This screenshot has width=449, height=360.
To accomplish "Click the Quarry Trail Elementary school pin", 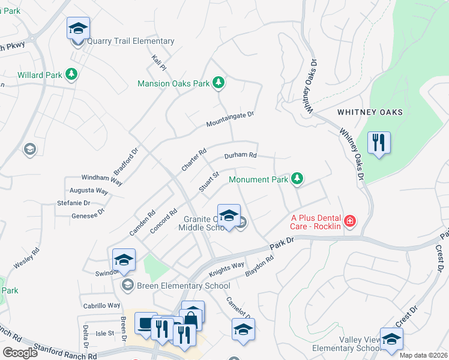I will click(77, 29).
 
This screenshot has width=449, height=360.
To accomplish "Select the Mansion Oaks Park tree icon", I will click(219, 83).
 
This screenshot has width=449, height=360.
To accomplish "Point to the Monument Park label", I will click(259, 179).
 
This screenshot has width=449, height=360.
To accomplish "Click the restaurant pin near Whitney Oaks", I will click(379, 143).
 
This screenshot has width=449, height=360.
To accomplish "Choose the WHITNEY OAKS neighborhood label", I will click(369, 112).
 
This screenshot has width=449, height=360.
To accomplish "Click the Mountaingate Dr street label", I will click(231, 119).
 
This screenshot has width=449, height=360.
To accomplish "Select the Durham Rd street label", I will click(240, 155).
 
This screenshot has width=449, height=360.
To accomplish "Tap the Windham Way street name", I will click(102, 179).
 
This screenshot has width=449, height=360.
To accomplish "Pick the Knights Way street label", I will click(226, 268).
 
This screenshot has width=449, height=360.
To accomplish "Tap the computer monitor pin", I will click(146, 324).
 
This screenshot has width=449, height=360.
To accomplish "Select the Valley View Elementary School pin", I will click(391, 339).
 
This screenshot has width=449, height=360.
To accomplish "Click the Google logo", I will click(20, 352).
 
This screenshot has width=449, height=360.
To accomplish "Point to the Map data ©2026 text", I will click(423, 355).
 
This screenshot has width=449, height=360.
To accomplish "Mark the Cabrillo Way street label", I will click(101, 305).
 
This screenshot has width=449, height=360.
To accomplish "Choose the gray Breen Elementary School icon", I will click(127, 285).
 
